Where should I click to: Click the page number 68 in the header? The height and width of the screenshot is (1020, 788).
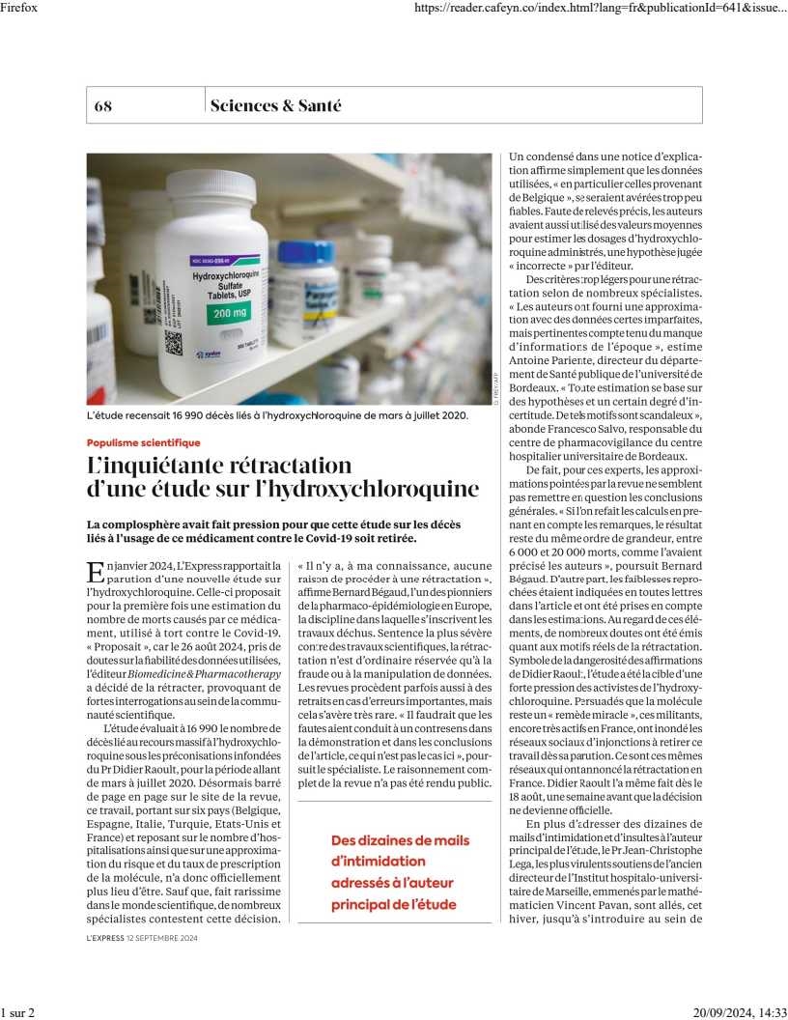tap(103, 106)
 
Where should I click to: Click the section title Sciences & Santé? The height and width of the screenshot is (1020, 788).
tap(275, 106)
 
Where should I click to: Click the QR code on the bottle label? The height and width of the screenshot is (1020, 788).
tap(173, 343)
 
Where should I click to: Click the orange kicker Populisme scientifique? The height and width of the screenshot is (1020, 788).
tap(143, 442)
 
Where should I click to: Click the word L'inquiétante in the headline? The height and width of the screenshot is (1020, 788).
tap(150, 465)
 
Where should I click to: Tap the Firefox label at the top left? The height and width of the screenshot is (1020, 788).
tap(19, 8)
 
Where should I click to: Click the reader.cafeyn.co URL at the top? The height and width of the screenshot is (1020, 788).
tap(599, 8)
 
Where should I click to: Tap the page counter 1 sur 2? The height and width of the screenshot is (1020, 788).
tap(17, 1011)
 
